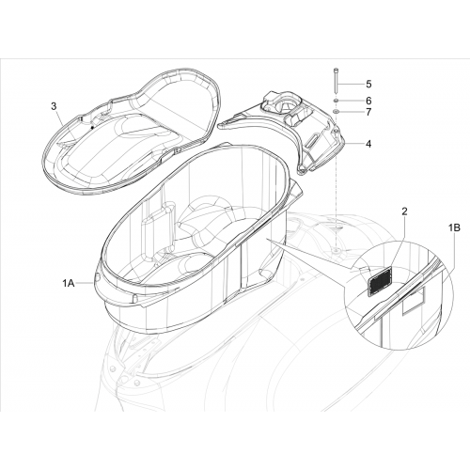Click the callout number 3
coord(54,106)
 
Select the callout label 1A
coord(68,283)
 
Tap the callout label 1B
coord(454,227)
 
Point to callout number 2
coord(404,211)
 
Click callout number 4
coord(368,144)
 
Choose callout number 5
coord(368,84)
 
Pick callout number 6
coord(368,101)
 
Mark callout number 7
coord(368,112)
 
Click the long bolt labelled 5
coord(336,81)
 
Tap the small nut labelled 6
coord(336,101)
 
